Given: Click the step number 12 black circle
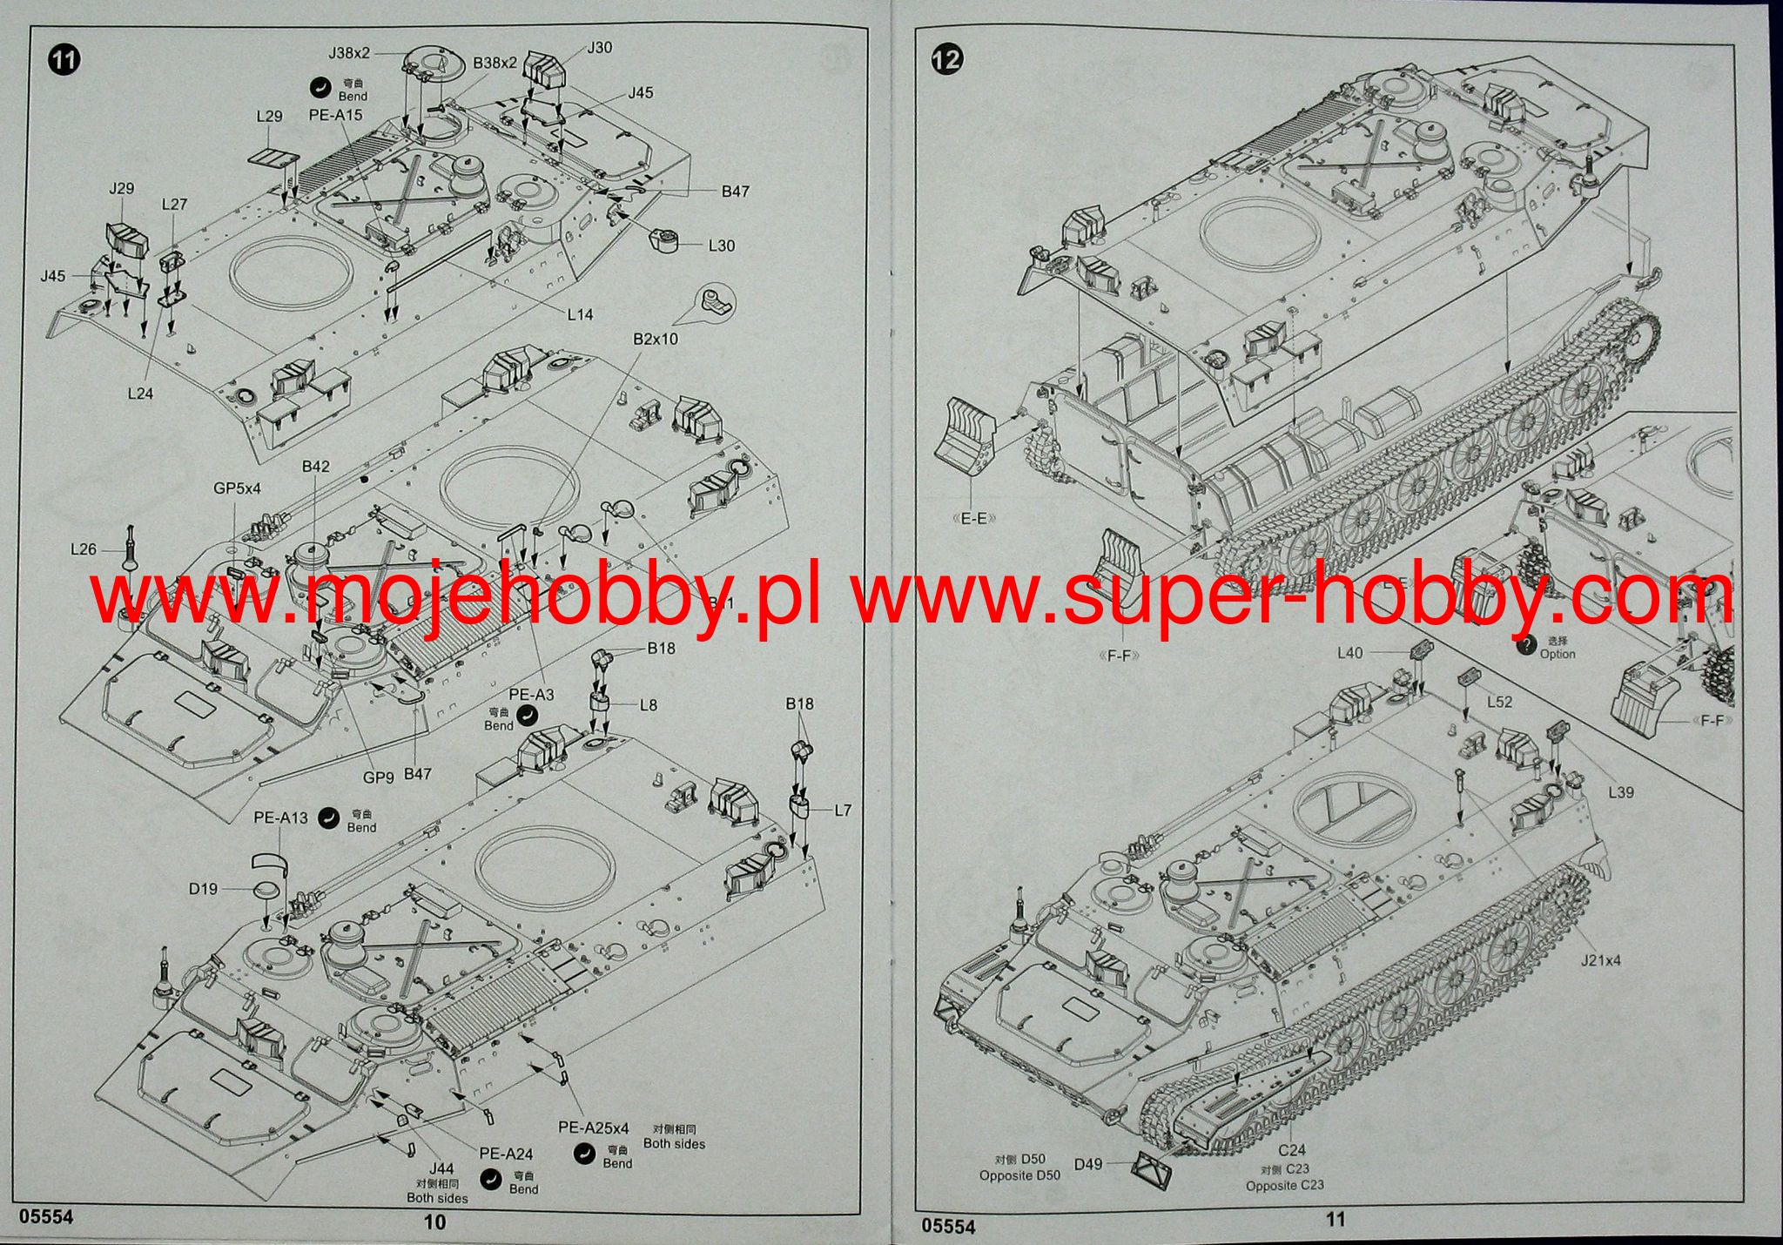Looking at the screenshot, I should click(947, 58).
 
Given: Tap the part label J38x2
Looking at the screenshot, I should click(349, 53).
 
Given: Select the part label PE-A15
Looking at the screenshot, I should click(335, 115).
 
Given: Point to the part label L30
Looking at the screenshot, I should click(721, 246).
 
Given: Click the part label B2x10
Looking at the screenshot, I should click(655, 339).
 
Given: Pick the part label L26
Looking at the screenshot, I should click(84, 549).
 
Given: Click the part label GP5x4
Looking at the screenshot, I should click(237, 489).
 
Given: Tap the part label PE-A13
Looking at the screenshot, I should click(280, 818).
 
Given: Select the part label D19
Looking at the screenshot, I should click(203, 889).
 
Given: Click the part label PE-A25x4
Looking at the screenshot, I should click(593, 1128).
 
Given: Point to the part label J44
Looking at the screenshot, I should click(441, 1168).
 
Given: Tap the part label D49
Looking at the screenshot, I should click(1088, 1164).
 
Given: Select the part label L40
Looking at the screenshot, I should click(1349, 653).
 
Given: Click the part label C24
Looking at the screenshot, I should click(1292, 1151).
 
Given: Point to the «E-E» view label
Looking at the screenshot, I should click(974, 519).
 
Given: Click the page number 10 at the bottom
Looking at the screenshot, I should click(434, 1221).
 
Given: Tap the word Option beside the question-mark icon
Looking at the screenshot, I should click(1558, 654).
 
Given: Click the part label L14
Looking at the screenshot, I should click(580, 314).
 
